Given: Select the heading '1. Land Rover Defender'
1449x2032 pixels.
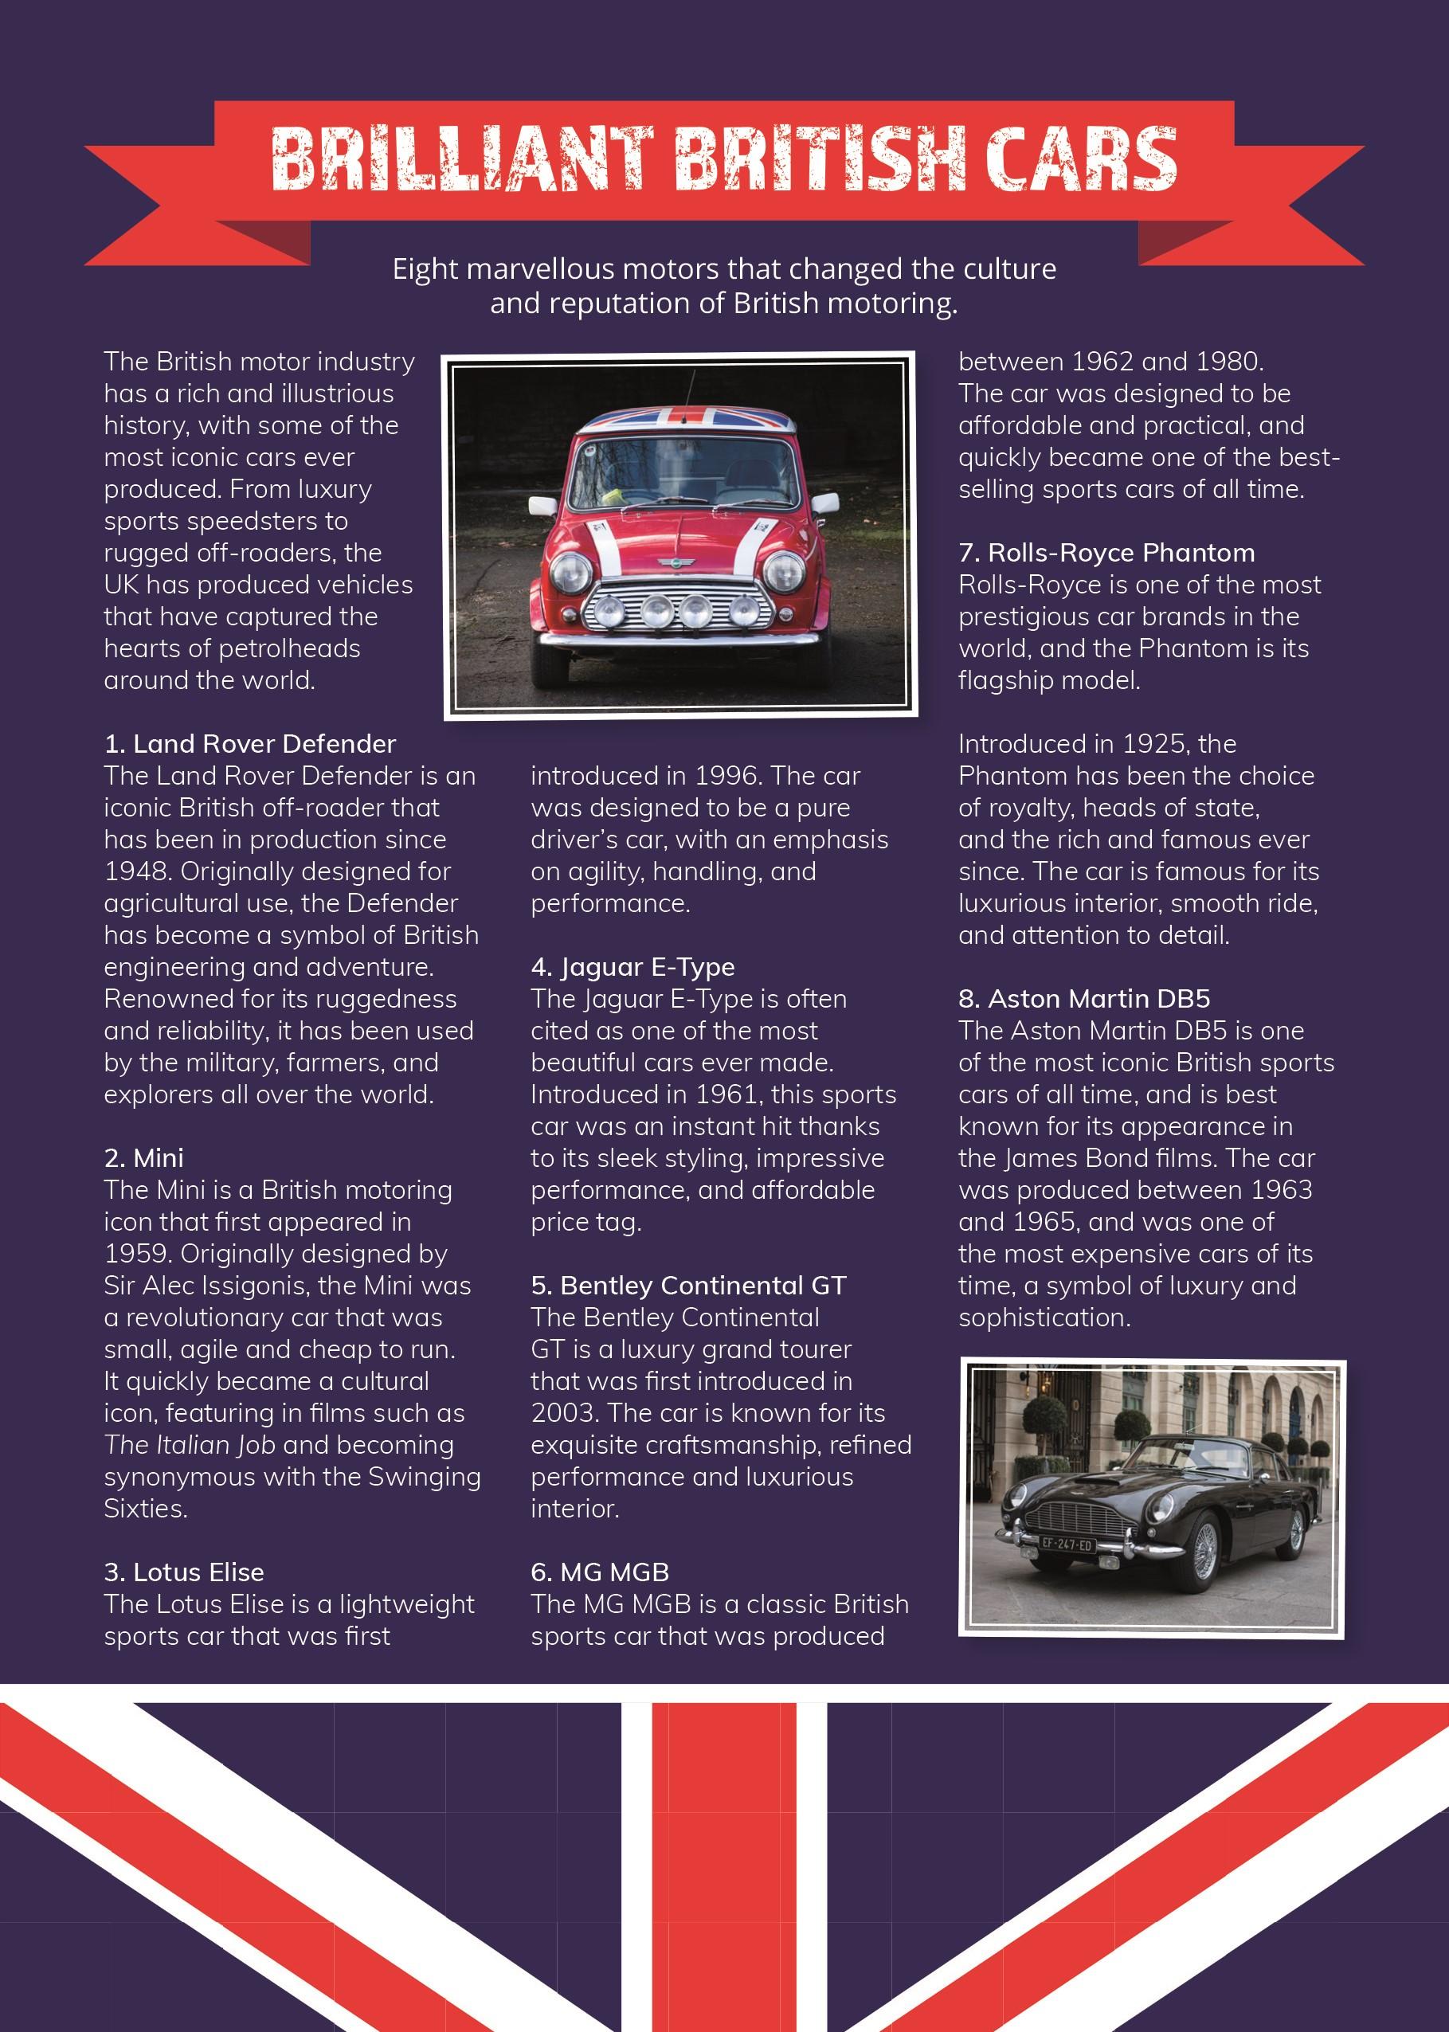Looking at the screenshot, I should [x=250, y=744].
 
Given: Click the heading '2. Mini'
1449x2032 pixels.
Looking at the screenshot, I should [x=143, y=1158].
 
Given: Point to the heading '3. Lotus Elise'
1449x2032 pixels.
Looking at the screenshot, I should [x=184, y=1572].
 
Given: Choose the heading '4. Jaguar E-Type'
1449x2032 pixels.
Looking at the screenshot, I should [x=632, y=967].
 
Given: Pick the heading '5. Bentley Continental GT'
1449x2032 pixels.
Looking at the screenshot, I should [x=688, y=1286].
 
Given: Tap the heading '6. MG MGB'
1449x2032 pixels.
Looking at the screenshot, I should [x=600, y=1572].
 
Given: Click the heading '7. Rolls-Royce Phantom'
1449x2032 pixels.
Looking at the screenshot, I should [x=1106, y=553].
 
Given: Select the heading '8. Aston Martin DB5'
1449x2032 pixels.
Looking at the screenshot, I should [x=1083, y=999].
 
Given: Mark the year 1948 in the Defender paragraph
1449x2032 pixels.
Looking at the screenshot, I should [x=139, y=871].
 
